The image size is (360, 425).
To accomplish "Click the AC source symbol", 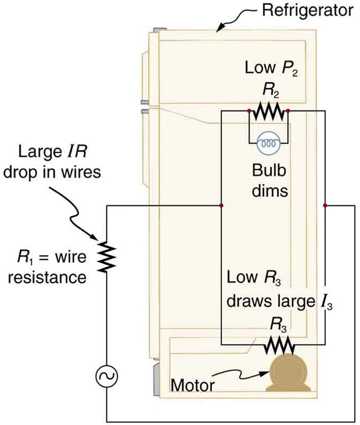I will (x=107, y=375).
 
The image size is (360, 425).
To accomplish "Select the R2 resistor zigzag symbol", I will (x=268, y=111).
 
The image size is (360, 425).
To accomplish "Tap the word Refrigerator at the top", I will (x=308, y=10).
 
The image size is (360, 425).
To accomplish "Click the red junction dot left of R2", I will (x=249, y=111).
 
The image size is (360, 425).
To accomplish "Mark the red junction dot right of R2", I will (x=288, y=111).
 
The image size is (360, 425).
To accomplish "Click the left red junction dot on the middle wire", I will (x=222, y=205).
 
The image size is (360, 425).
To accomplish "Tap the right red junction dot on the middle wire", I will (x=325, y=205).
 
